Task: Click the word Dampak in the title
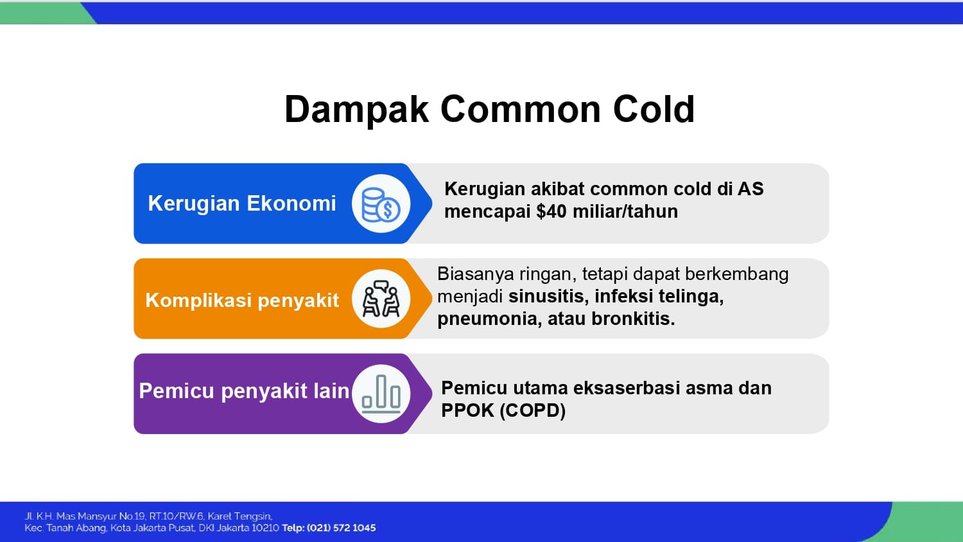357,110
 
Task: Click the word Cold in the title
654,109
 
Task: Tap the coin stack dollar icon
381,204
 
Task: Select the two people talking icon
381,299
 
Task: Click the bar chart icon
381,394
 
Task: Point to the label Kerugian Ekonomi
241,204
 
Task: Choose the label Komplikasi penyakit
242,301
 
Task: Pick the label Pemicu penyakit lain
244,391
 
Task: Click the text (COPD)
533,410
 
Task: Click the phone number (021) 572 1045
342,528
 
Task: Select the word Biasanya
476,274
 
